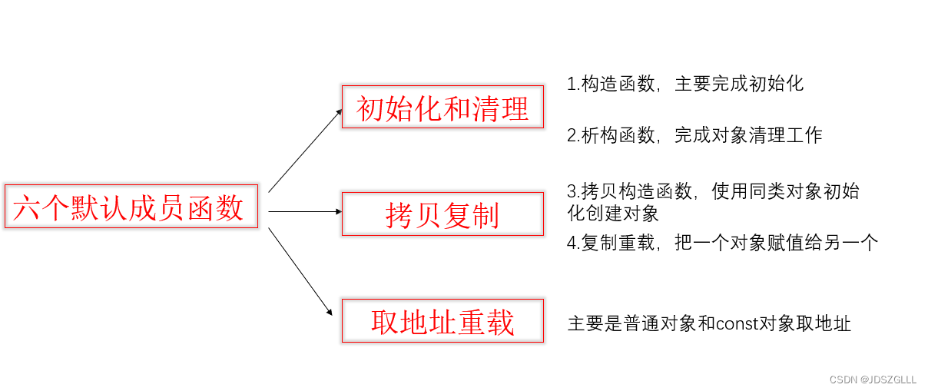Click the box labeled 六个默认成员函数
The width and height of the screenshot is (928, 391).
point(128,207)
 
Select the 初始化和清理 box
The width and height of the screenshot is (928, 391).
point(442,108)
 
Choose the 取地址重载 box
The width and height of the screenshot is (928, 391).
point(442,321)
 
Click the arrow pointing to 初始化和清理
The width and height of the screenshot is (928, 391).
point(305,150)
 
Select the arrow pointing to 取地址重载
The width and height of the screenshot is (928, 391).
point(300,271)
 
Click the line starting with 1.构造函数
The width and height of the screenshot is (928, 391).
point(684,84)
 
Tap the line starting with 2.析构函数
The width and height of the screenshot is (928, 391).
point(694,136)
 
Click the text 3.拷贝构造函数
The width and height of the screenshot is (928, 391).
point(631,191)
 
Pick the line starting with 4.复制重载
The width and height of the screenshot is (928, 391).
point(721,243)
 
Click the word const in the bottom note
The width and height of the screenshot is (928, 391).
point(737,323)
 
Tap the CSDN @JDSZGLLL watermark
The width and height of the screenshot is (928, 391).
point(873,379)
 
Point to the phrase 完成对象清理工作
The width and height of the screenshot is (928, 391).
point(748,136)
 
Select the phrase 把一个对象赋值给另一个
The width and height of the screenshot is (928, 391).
point(776,243)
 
